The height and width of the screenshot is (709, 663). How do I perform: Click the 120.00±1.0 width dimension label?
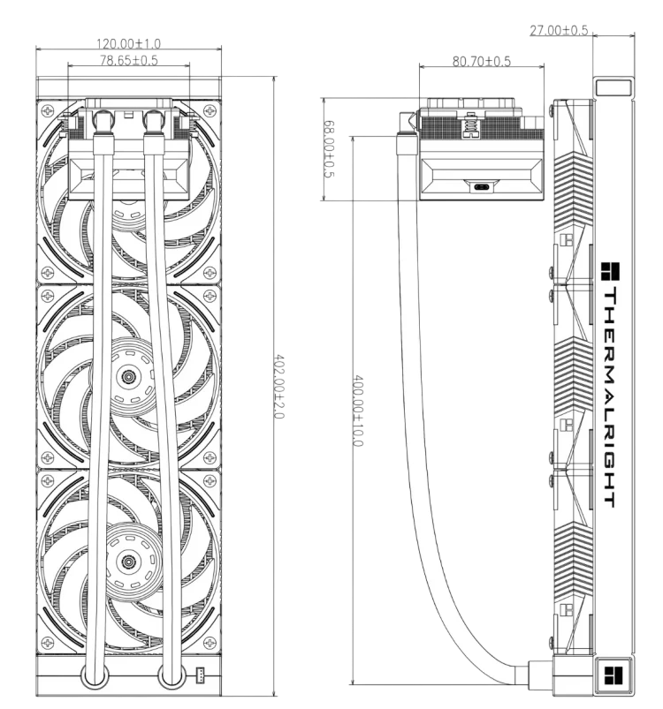point(128,43)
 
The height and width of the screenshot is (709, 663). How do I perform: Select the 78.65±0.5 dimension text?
point(128,60)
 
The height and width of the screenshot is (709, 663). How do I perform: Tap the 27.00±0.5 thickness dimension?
point(559,30)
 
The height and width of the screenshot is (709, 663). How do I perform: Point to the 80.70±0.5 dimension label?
point(482,61)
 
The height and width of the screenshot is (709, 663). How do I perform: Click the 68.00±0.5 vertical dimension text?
point(330,148)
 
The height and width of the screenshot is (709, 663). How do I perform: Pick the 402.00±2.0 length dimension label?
point(279,387)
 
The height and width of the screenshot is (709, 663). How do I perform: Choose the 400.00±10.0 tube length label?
point(357,411)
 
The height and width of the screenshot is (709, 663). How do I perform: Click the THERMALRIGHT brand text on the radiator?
point(610,397)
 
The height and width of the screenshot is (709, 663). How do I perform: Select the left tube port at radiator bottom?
point(95,676)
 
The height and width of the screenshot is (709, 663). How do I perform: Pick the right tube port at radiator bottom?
point(172,676)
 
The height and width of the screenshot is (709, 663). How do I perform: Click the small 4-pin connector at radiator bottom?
point(199,675)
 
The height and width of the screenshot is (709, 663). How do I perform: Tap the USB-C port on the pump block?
point(481,187)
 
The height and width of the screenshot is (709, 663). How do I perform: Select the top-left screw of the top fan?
point(47,109)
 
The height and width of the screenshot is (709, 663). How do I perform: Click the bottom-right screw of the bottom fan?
point(210,642)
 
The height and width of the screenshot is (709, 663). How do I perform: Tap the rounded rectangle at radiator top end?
point(613,87)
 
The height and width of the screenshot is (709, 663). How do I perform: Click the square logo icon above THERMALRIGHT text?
point(610,271)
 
